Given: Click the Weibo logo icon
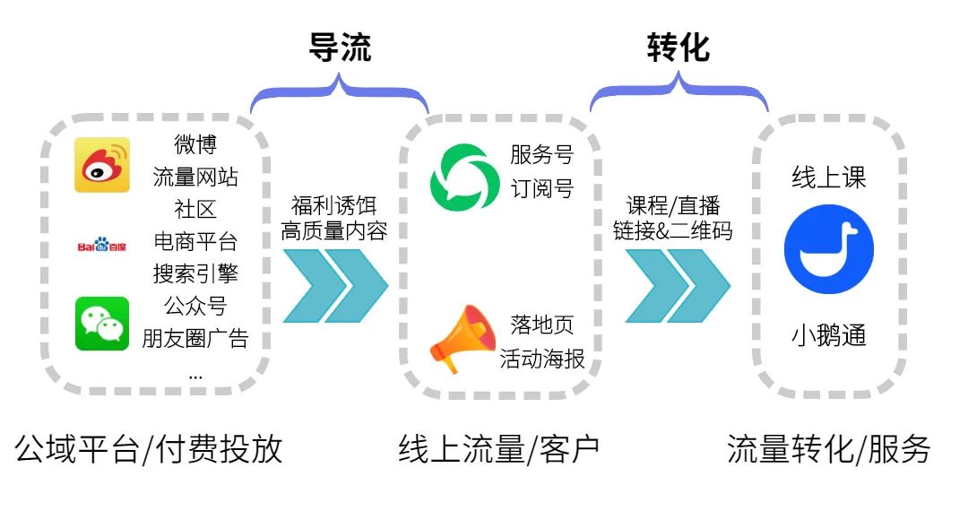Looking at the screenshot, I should (101, 165).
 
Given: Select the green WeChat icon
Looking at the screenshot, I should (102, 324).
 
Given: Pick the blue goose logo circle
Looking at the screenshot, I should (828, 255).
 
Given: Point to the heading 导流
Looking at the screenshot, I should (340, 48).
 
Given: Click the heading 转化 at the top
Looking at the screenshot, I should (678, 48).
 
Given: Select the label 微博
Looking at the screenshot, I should (195, 144).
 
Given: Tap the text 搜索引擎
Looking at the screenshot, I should (195, 273).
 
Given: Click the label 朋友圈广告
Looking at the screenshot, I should (195, 339).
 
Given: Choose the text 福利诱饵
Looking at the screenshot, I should (334, 204).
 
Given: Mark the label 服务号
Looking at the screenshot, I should (542, 155).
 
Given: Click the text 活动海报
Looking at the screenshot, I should (542, 359).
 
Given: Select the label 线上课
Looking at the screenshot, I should (828, 178).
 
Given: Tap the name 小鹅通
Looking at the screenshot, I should (828, 336).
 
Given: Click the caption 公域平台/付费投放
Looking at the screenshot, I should (149, 449).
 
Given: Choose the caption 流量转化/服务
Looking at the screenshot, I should (828, 449).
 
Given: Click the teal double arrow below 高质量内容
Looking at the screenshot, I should (334, 286).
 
